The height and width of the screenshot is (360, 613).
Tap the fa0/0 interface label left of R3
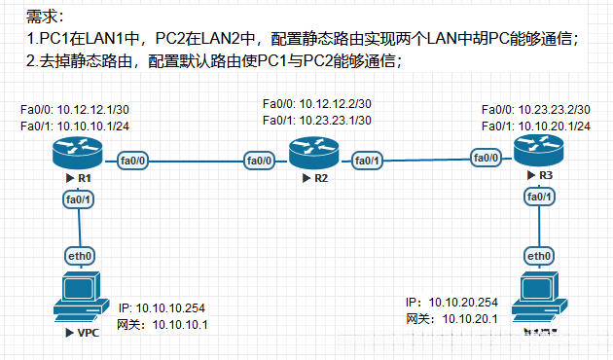coord(487,158)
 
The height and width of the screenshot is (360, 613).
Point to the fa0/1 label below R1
coord(78,199)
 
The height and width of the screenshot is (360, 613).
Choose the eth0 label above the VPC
coord(79,256)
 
